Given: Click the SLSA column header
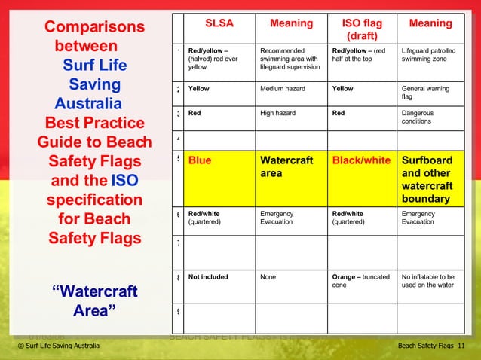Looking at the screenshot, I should click(220, 23).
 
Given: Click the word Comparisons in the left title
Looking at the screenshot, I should click(94, 28).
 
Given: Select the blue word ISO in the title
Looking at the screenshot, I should click(124, 181).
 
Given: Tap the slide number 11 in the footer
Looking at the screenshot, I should click(461, 346).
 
